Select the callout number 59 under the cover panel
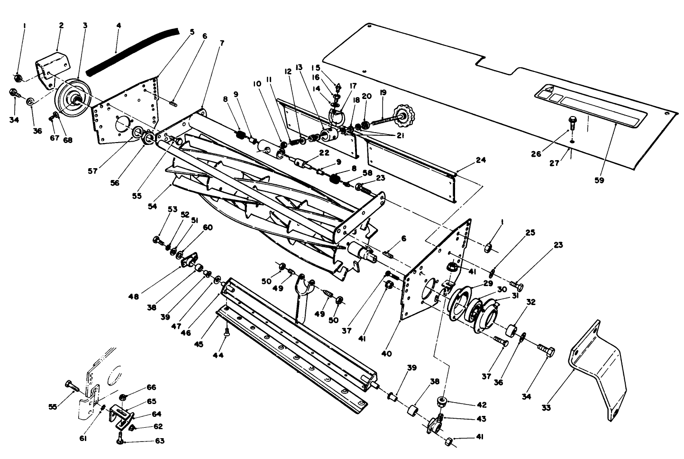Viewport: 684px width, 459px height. click(599, 180)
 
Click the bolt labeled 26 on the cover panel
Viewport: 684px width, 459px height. click(572, 123)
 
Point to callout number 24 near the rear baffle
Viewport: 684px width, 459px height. click(481, 160)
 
